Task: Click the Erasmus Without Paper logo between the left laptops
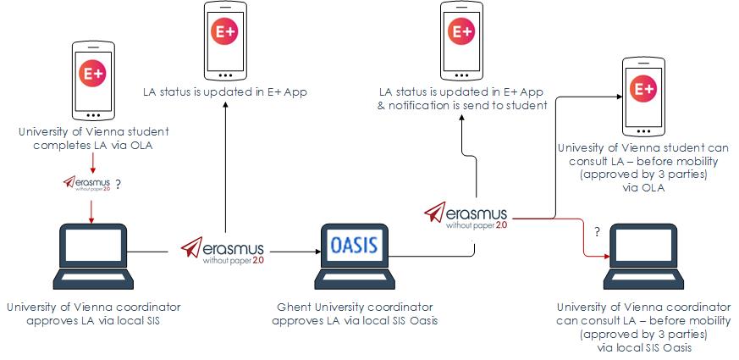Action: (x=223, y=251)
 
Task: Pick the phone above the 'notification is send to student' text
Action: (x=461, y=39)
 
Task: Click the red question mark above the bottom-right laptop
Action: (x=598, y=230)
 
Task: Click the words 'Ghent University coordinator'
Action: (x=356, y=307)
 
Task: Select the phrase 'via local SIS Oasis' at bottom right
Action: (x=643, y=347)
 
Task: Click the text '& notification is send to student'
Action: (x=462, y=105)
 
